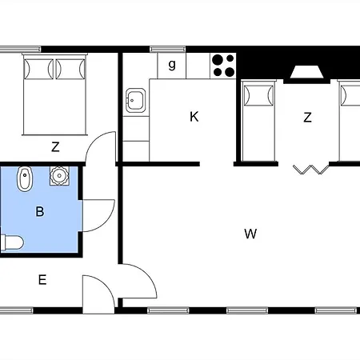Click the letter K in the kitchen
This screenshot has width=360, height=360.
coord(194,117)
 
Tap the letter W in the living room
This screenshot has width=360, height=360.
coord(250,234)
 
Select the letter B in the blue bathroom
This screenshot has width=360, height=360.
coord(40,211)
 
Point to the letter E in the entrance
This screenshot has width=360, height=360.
coord(42,280)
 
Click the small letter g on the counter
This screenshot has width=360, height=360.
coord(172,65)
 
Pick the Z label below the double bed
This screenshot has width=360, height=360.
coord(55,147)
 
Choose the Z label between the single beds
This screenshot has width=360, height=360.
coord(307,118)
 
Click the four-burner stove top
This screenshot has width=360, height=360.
coord(223,66)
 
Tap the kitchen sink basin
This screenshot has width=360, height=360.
coord(136,100)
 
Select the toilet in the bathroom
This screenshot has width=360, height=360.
coord(12,242)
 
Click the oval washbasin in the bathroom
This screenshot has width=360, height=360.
coord(25,179)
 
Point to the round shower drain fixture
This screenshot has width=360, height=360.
coord(59,176)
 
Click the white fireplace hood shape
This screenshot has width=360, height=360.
coord(306,72)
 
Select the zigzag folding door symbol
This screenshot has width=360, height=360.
coord(311,170)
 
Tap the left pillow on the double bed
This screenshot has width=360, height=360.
coord(38,69)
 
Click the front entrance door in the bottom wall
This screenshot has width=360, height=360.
coord(98,294)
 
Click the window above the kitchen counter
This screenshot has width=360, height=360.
coord(167,50)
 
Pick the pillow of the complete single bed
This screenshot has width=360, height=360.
coord(258,95)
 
